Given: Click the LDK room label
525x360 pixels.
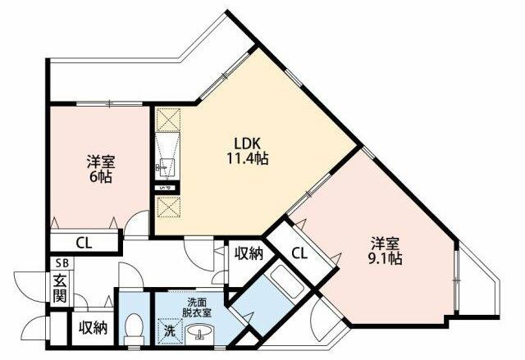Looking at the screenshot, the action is (247, 144).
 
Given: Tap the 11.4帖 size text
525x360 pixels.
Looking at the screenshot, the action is (248, 158).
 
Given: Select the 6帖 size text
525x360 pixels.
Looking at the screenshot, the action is (100, 177).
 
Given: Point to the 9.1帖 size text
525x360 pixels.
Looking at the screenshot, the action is (385, 258).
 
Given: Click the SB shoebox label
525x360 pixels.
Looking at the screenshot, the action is (62, 263).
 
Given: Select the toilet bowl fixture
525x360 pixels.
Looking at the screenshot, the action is (134, 329).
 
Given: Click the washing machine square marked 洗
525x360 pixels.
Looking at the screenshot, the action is (170, 331).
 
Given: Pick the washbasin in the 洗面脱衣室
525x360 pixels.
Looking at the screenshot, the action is (200, 334).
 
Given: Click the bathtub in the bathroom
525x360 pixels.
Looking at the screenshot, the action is (287, 284).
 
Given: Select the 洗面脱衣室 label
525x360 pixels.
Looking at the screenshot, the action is (197, 308).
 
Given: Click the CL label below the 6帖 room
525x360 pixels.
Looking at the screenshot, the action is (84, 243).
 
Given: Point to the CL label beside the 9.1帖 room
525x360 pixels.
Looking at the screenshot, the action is (299, 253).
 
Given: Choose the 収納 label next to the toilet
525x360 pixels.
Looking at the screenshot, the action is (93, 328).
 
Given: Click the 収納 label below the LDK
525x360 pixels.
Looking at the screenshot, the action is (249, 254).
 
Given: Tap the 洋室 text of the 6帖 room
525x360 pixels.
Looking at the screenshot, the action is (101, 162).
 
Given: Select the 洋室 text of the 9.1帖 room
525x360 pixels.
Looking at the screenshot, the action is (385, 244).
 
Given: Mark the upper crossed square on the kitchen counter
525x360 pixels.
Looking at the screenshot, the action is (169, 120).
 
